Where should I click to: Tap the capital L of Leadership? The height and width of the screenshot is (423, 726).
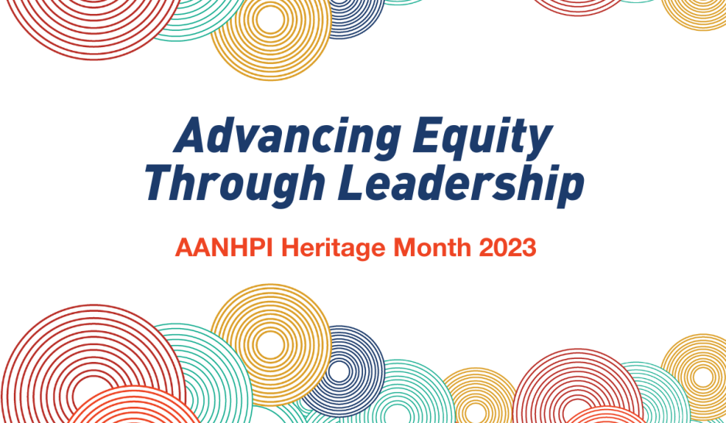tap(351, 181)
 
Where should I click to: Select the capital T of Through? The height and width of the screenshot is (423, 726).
tap(158, 181)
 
